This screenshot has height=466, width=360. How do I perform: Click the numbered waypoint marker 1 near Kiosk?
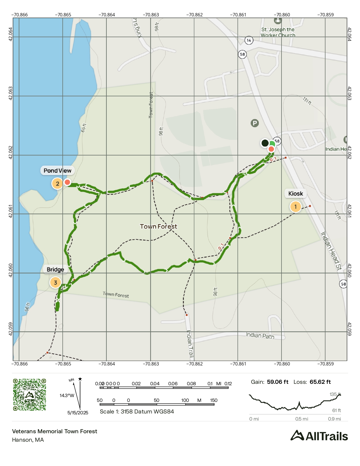coord(295,207)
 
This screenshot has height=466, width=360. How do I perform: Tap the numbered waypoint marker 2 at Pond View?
coord(57,184)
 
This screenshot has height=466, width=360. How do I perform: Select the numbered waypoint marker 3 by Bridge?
coord(55,282)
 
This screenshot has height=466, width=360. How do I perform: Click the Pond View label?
coord(57,171)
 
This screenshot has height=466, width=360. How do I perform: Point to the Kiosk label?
coord(295,193)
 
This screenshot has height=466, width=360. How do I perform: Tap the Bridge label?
coord(55,269)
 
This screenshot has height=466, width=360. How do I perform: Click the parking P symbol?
coord(255,123)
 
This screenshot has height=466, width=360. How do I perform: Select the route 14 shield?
coord(248,40)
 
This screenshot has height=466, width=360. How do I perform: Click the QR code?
coord(30,395)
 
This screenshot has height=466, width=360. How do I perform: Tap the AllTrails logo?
coord(319,436)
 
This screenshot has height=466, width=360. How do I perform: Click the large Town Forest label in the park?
coord(158,227)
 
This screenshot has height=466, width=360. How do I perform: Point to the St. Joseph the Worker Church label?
coord(278,32)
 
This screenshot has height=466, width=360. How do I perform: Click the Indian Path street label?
coord(260,336)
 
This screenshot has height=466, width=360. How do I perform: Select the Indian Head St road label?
coord(331,251)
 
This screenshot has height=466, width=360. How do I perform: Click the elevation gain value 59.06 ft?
coord(278,382)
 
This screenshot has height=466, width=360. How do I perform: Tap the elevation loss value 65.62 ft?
coord(320,382)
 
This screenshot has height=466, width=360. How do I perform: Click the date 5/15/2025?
coord(78,413)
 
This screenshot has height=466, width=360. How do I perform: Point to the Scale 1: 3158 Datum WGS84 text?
coord(137,411)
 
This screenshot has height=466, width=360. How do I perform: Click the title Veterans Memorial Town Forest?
coord(54,431)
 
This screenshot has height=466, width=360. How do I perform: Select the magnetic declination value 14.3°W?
coord(67,395)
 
